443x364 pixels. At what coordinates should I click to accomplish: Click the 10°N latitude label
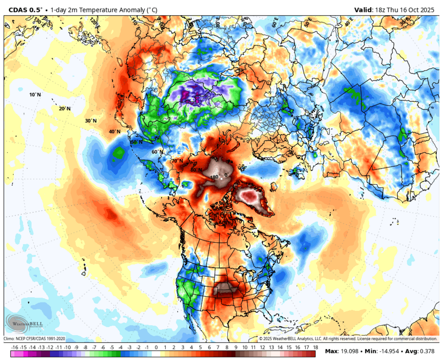point(35,95)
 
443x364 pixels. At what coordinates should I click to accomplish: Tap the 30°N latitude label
point(90,121)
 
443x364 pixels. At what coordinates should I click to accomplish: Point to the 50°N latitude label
point(136,142)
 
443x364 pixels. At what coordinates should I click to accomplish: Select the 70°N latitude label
point(177,161)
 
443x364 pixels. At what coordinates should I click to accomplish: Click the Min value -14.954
point(384,352)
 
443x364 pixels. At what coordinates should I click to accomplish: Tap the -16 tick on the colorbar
point(14,347)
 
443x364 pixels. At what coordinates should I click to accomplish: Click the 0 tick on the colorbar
point(156,347)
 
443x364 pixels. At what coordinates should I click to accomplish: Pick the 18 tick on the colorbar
point(315,347)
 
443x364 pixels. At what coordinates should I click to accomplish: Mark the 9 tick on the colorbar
point(235,347)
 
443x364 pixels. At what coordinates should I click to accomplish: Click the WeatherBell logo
point(22,322)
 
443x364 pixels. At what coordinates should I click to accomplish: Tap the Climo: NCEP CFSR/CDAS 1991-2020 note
point(34,339)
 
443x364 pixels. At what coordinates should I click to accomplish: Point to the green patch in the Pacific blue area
point(118,153)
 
